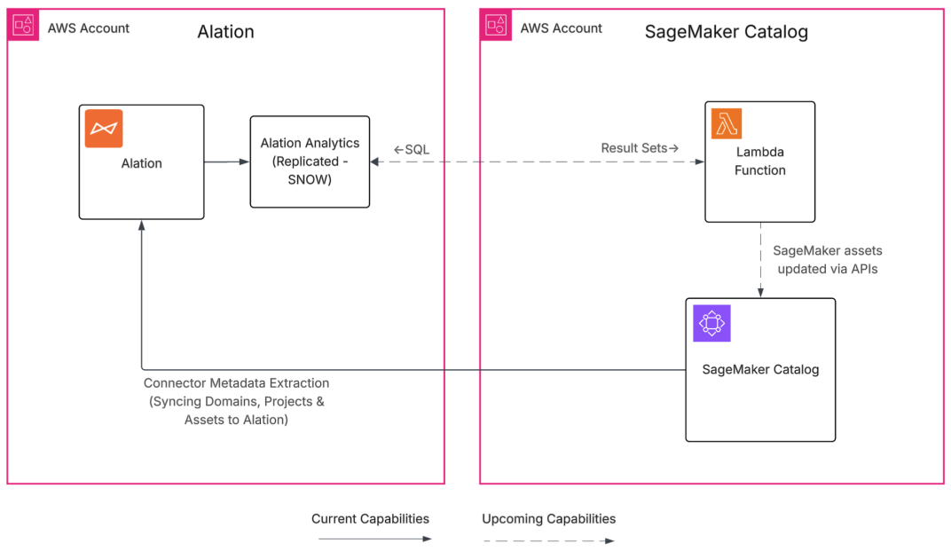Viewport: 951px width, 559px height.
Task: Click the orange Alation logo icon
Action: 104,129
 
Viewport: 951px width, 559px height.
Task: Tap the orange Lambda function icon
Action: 726,124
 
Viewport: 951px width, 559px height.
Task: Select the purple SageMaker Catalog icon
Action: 711,323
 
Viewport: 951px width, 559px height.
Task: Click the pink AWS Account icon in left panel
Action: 22,27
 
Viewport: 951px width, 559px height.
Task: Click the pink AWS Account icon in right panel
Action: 495,27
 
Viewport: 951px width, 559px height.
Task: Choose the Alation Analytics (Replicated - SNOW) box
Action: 310,161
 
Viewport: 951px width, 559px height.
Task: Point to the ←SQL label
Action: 412,149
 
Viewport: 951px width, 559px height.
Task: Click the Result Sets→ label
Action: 640,148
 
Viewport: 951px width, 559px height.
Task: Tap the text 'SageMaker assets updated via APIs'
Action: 827,259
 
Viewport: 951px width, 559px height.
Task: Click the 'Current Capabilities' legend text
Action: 370,518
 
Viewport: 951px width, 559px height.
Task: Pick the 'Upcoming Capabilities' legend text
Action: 548,518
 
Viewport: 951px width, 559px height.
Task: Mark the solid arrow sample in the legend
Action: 374,539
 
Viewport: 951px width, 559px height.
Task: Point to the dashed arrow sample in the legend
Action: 548,539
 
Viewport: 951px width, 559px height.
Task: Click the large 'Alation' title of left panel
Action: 225,32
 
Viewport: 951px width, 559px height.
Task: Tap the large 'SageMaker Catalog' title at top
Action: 726,32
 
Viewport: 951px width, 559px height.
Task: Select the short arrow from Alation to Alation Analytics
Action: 227,161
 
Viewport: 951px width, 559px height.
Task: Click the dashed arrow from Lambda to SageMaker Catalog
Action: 760,259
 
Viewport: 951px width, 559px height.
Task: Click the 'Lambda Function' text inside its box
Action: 759,161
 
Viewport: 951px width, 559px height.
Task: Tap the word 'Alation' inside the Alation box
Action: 142,163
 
